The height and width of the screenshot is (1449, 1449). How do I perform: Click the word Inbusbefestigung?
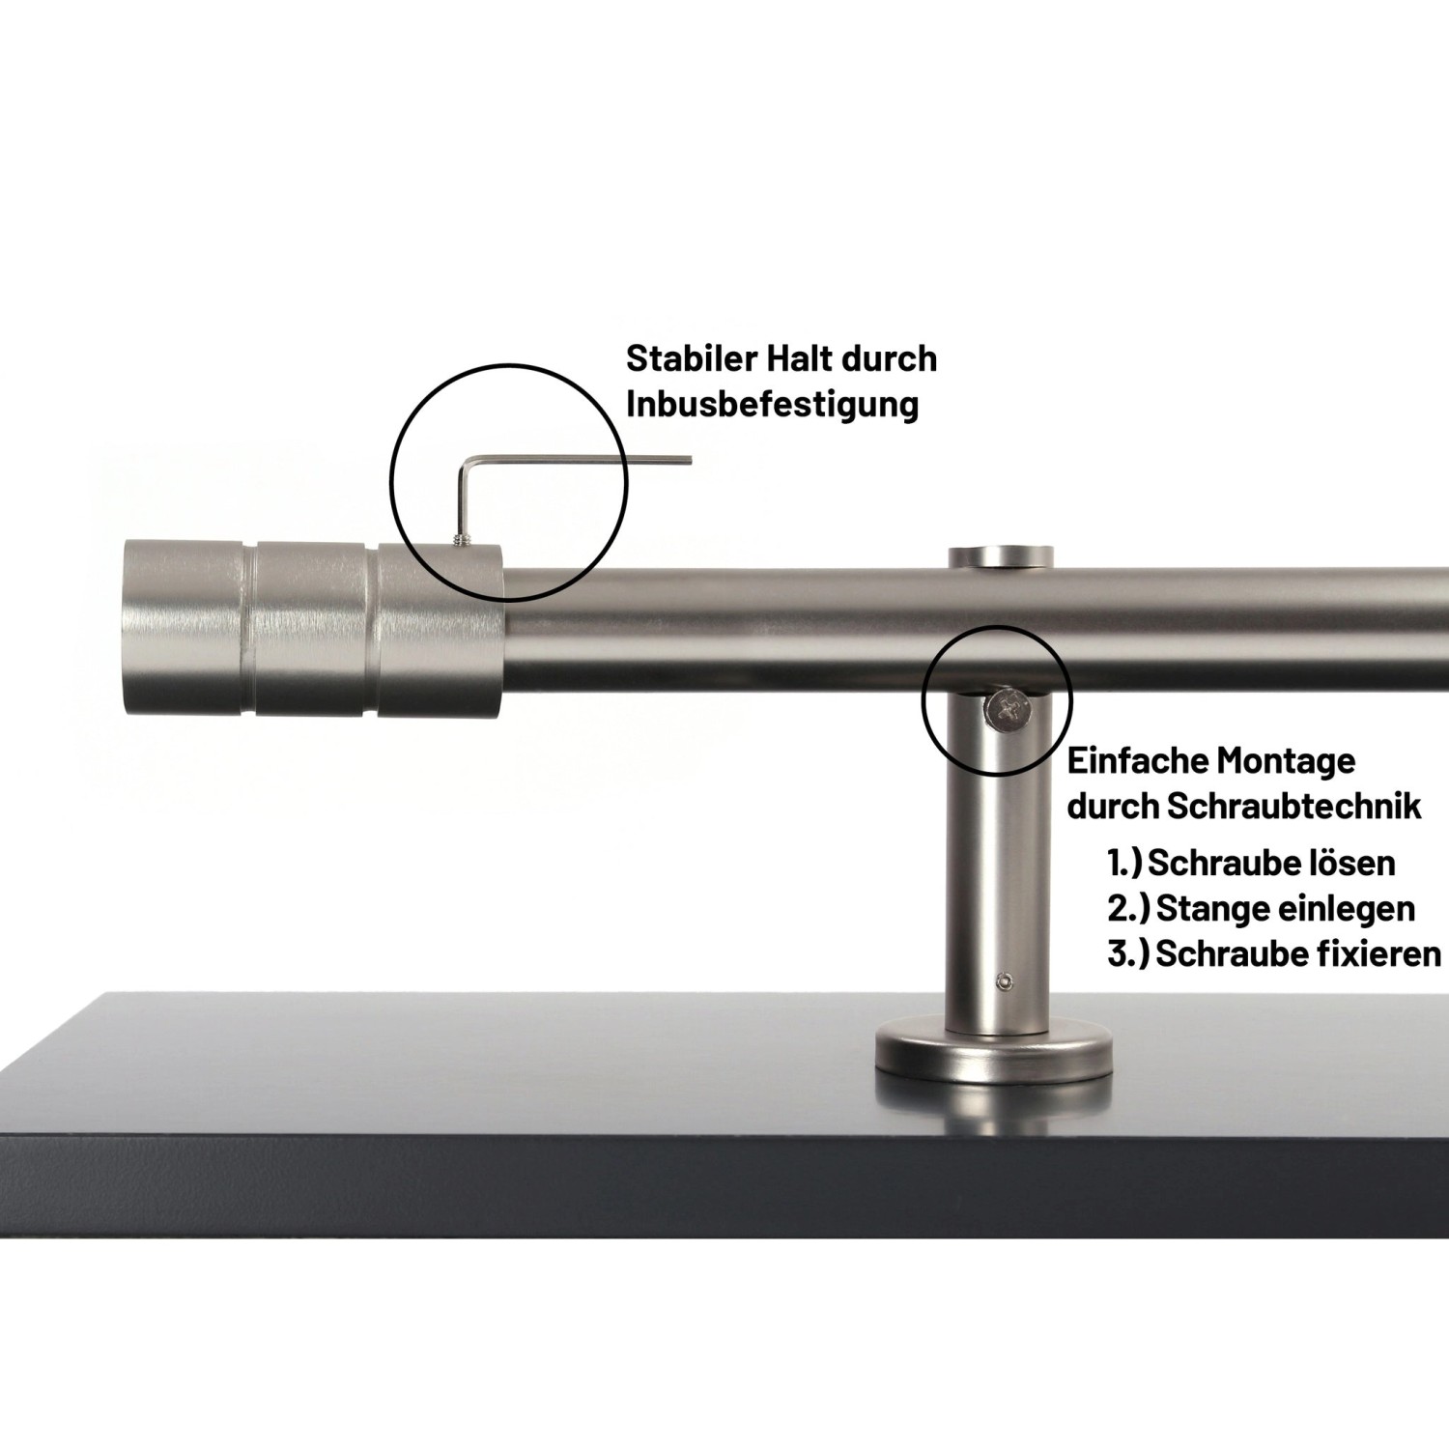[x=772, y=404]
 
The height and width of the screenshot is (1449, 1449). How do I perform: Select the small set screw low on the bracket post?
[x=1005, y=981]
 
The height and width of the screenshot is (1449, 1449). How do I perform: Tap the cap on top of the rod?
[x=999, y=557]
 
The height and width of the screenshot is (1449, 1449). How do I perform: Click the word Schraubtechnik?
[x=1294, y=807]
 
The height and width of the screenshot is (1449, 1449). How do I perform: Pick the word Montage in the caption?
[x=1285, y=761]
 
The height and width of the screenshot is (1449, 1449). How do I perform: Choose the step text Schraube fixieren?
[x=1297, y=953]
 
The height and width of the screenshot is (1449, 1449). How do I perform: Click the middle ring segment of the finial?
[x=315, y=628]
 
